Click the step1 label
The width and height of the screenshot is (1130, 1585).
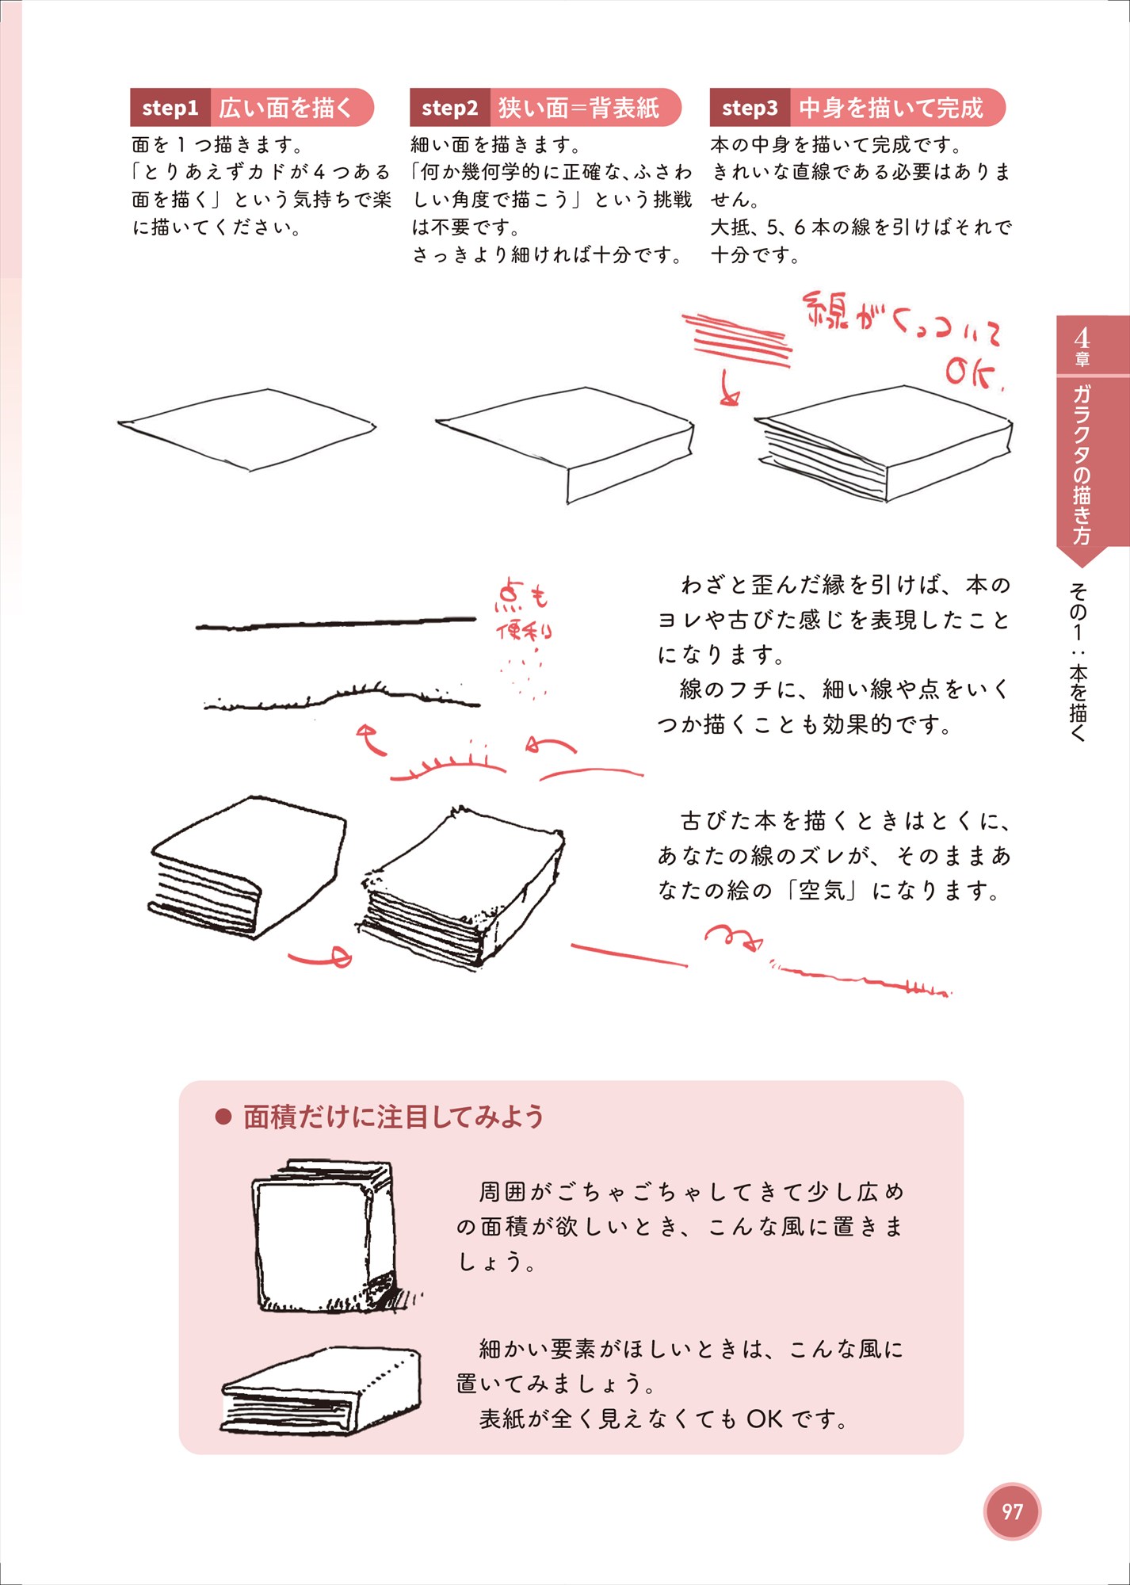(x=170, y=108)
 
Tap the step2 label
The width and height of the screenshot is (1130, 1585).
(x=450, y=108)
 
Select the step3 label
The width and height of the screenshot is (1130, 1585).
(x=750, y=108)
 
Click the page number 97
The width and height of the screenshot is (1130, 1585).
(x=1012, y=1511)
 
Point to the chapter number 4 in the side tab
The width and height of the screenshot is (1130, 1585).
(x=1082, y=338)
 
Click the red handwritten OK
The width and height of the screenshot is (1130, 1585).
(x=973, y=373)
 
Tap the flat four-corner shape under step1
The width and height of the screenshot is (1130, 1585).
(x=246, y=429)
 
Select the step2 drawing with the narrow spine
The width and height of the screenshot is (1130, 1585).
(x=565, y=445)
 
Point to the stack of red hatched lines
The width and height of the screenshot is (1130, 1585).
(x=737, y=339)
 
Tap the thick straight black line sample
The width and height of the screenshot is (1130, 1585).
(x=336, y=623)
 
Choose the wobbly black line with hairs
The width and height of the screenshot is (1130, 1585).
(x=342, y=696)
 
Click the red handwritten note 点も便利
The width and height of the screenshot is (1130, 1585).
(x=523, y=610)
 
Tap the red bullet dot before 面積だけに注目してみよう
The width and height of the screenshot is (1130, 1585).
(x=223, y=1117)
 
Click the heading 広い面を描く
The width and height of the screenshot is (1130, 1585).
(x=285, y=108)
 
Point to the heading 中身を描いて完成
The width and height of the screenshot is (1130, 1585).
(x=891, y=108)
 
